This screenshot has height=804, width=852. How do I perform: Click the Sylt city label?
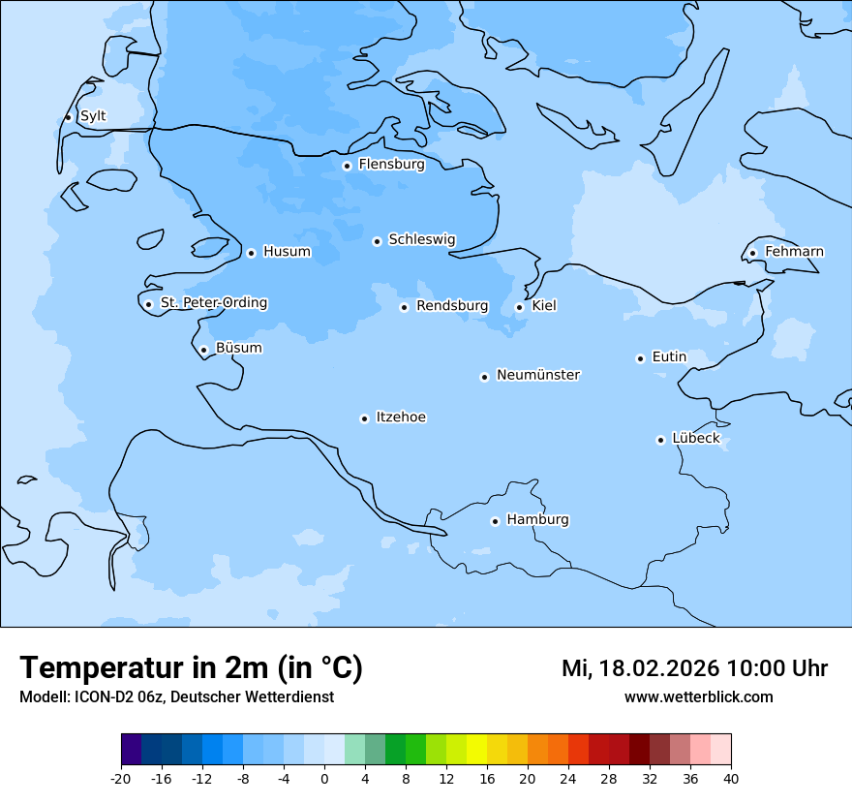[93, 116]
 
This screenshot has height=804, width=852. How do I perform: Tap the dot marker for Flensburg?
[347, 166]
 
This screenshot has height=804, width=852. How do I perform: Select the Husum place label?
[287, 252]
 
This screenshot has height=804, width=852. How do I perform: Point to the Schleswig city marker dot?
[377, 241]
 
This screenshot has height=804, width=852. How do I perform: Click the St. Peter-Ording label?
[214, 303]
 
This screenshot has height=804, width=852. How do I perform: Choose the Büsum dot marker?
[203, 350]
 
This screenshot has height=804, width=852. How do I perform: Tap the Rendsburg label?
[452, 306]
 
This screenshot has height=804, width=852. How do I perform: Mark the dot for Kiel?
[519, 307]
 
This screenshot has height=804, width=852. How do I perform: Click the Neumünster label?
[538, 375]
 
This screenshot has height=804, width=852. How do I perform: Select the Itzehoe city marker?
[364, 418]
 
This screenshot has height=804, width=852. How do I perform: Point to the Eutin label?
[669, 357]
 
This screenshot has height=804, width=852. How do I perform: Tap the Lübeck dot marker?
[660, 440]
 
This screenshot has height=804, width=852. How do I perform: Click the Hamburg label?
[537, 520]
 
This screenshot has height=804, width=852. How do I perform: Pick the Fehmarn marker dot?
[752, 253]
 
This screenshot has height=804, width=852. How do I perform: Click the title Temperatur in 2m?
[191, 668]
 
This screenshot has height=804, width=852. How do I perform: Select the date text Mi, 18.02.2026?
[640, 668]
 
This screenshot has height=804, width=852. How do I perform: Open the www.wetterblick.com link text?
[698, 697]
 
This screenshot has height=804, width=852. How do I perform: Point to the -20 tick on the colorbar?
[121, 779]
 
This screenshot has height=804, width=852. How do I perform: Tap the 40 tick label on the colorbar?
[731, 779]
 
